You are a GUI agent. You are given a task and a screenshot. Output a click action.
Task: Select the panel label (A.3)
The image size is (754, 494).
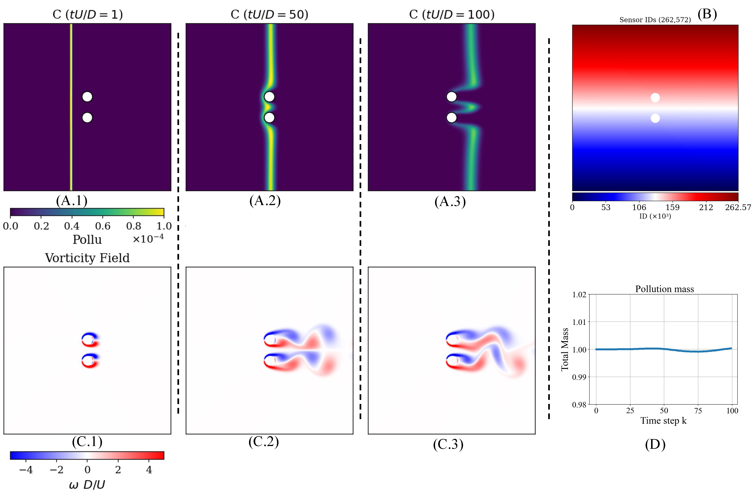[x=450, y=202]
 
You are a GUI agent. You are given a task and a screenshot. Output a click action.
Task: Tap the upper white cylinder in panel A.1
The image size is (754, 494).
[x=87, y=97]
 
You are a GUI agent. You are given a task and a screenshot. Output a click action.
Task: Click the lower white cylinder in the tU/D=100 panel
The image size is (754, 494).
[x=452, y=118]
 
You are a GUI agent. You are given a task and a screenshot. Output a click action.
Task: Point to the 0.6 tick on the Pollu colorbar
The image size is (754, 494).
[x=103, y=226]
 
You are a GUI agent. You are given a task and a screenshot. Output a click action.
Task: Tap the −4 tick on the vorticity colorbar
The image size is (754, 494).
[x=26, y=470]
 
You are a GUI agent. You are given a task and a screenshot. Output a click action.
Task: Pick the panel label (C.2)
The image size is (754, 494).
[x=264, y=441]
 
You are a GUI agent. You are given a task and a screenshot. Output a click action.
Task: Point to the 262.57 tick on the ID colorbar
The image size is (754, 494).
[x=738, y=208]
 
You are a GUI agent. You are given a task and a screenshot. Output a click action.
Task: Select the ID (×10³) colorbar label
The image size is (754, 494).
[x=655, y=216]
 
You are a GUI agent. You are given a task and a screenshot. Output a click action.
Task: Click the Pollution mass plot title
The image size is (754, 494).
[x=664, y=289]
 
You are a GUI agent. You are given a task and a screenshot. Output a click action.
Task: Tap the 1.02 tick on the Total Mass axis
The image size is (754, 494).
[x=579, y=295]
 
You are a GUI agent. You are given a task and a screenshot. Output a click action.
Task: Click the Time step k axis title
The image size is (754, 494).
[x=663, y=421]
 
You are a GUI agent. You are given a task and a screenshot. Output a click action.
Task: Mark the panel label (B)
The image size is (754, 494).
[x=707, y=14]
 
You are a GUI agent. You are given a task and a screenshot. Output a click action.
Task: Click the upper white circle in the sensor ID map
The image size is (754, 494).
[x=655, y=98]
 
